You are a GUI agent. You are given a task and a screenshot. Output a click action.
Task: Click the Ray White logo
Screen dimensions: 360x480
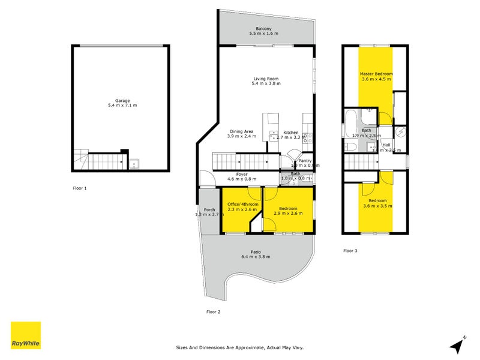26,335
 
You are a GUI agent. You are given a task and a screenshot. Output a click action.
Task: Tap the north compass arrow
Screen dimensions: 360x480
458,346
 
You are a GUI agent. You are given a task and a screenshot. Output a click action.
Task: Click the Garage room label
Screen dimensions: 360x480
122,100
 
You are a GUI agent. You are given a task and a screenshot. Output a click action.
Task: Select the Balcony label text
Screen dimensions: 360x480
264,29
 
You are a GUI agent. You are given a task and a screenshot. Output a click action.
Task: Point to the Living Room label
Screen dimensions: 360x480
265,79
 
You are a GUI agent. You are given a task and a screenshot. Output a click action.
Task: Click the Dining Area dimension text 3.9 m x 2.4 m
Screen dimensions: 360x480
242,137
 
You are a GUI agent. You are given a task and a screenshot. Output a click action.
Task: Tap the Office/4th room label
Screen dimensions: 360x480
242,204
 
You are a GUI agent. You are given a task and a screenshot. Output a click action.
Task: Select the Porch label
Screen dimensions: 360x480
209,209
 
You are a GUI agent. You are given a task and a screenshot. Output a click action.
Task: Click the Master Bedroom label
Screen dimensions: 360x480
376,73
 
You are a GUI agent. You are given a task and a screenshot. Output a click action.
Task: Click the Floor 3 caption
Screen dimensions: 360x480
350,250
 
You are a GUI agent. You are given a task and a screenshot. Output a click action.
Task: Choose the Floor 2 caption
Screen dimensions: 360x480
213,311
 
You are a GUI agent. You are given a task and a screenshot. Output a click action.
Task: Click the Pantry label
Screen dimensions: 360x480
305,160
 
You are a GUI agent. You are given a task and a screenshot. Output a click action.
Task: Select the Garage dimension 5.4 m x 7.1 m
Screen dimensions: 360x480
122,106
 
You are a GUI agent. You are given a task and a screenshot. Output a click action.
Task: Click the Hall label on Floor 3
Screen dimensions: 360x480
386,145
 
